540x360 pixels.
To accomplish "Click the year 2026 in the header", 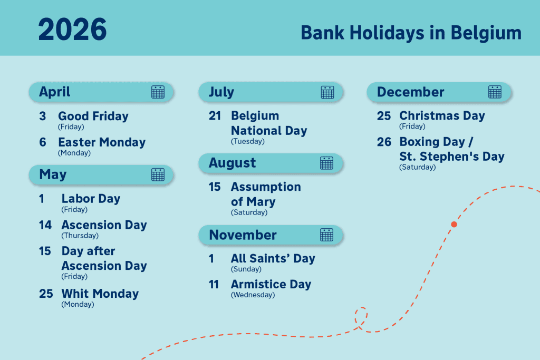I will coord(72,30).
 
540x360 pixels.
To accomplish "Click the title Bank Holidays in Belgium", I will coord(411,33).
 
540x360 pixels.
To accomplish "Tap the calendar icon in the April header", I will coord(158,92).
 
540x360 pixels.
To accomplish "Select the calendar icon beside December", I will coord(495,92).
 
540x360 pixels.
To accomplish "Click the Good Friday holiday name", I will coord(93,116).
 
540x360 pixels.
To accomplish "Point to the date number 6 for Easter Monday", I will coord(43,142).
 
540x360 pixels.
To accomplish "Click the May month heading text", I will coord(53,174).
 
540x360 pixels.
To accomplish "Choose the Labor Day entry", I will coord(91,199).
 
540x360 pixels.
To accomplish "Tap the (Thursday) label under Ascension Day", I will coord(80,236).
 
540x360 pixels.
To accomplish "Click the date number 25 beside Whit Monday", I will coord(46,294).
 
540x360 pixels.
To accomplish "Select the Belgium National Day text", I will coord(268,123).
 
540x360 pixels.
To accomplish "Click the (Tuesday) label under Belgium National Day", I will coord(247,141).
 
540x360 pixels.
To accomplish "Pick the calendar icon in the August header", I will coord(326,163).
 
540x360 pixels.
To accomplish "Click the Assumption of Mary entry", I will coord(265,194).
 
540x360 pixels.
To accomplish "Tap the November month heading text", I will coord(243,235).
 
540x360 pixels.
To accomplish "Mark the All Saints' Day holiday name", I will coord(273,258).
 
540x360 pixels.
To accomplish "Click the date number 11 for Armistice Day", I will coord(214,285).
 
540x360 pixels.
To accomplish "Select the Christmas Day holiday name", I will coord(442,116).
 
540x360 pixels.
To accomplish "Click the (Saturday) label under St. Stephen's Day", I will coord(417,167).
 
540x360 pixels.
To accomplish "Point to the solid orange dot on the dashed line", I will coord(454,224).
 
